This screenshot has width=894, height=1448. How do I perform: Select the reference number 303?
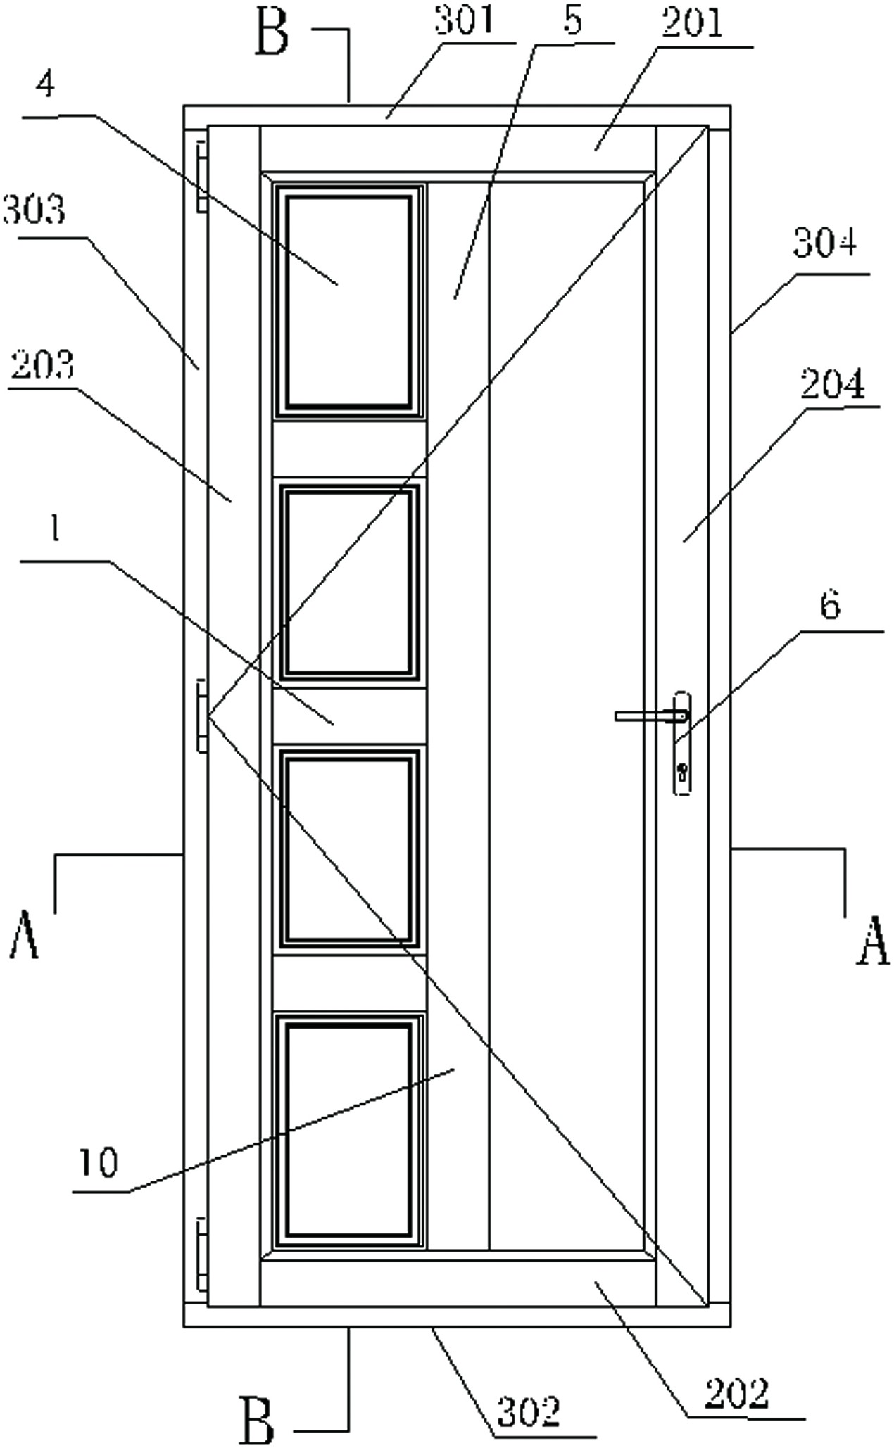tap(34, 210)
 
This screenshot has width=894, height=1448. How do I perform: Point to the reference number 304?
tap(825, 243)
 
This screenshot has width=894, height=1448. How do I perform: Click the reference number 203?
tap(42, 366)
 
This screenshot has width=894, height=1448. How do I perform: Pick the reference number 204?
tap(833, 385)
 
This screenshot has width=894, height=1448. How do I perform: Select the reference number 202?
tap(737, 1393)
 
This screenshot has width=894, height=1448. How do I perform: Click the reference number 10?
tap(98, 1162)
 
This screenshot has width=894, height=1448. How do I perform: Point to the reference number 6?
tap(831, 604)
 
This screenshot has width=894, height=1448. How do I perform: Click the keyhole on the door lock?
tap(681, 773)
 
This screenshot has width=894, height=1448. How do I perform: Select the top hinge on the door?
tap(201, 176)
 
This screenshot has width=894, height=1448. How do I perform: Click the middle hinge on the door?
tap(201, 716)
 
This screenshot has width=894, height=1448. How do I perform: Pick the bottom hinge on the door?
tap(201, 1254)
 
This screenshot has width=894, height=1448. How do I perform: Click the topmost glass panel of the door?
tap(348, 301)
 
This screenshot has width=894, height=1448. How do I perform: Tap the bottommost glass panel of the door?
tap(348, 1131)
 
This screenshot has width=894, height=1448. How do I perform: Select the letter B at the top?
tap(272, 32)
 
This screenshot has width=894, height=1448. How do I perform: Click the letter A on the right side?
tap(873, 941)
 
